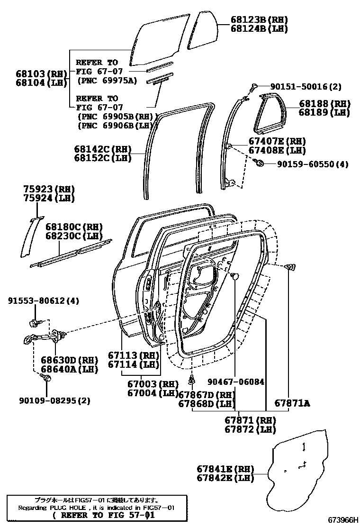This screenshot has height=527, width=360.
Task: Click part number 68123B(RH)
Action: point(259,20)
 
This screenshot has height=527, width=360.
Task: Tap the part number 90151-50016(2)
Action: point(312,87)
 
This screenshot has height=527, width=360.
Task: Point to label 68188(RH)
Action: point(324,104)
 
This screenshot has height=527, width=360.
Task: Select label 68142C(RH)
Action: point(102,149)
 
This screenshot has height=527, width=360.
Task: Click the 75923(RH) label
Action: point(49,189)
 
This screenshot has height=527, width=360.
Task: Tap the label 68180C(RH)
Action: point(74,227)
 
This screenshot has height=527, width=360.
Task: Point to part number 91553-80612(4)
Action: point(44,301)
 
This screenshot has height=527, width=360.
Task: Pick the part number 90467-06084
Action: point(235,382)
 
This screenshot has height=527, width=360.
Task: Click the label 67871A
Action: point(292,403)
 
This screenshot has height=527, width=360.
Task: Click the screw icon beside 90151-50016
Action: point(254,86)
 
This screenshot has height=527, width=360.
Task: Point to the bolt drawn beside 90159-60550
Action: point(260,164)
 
